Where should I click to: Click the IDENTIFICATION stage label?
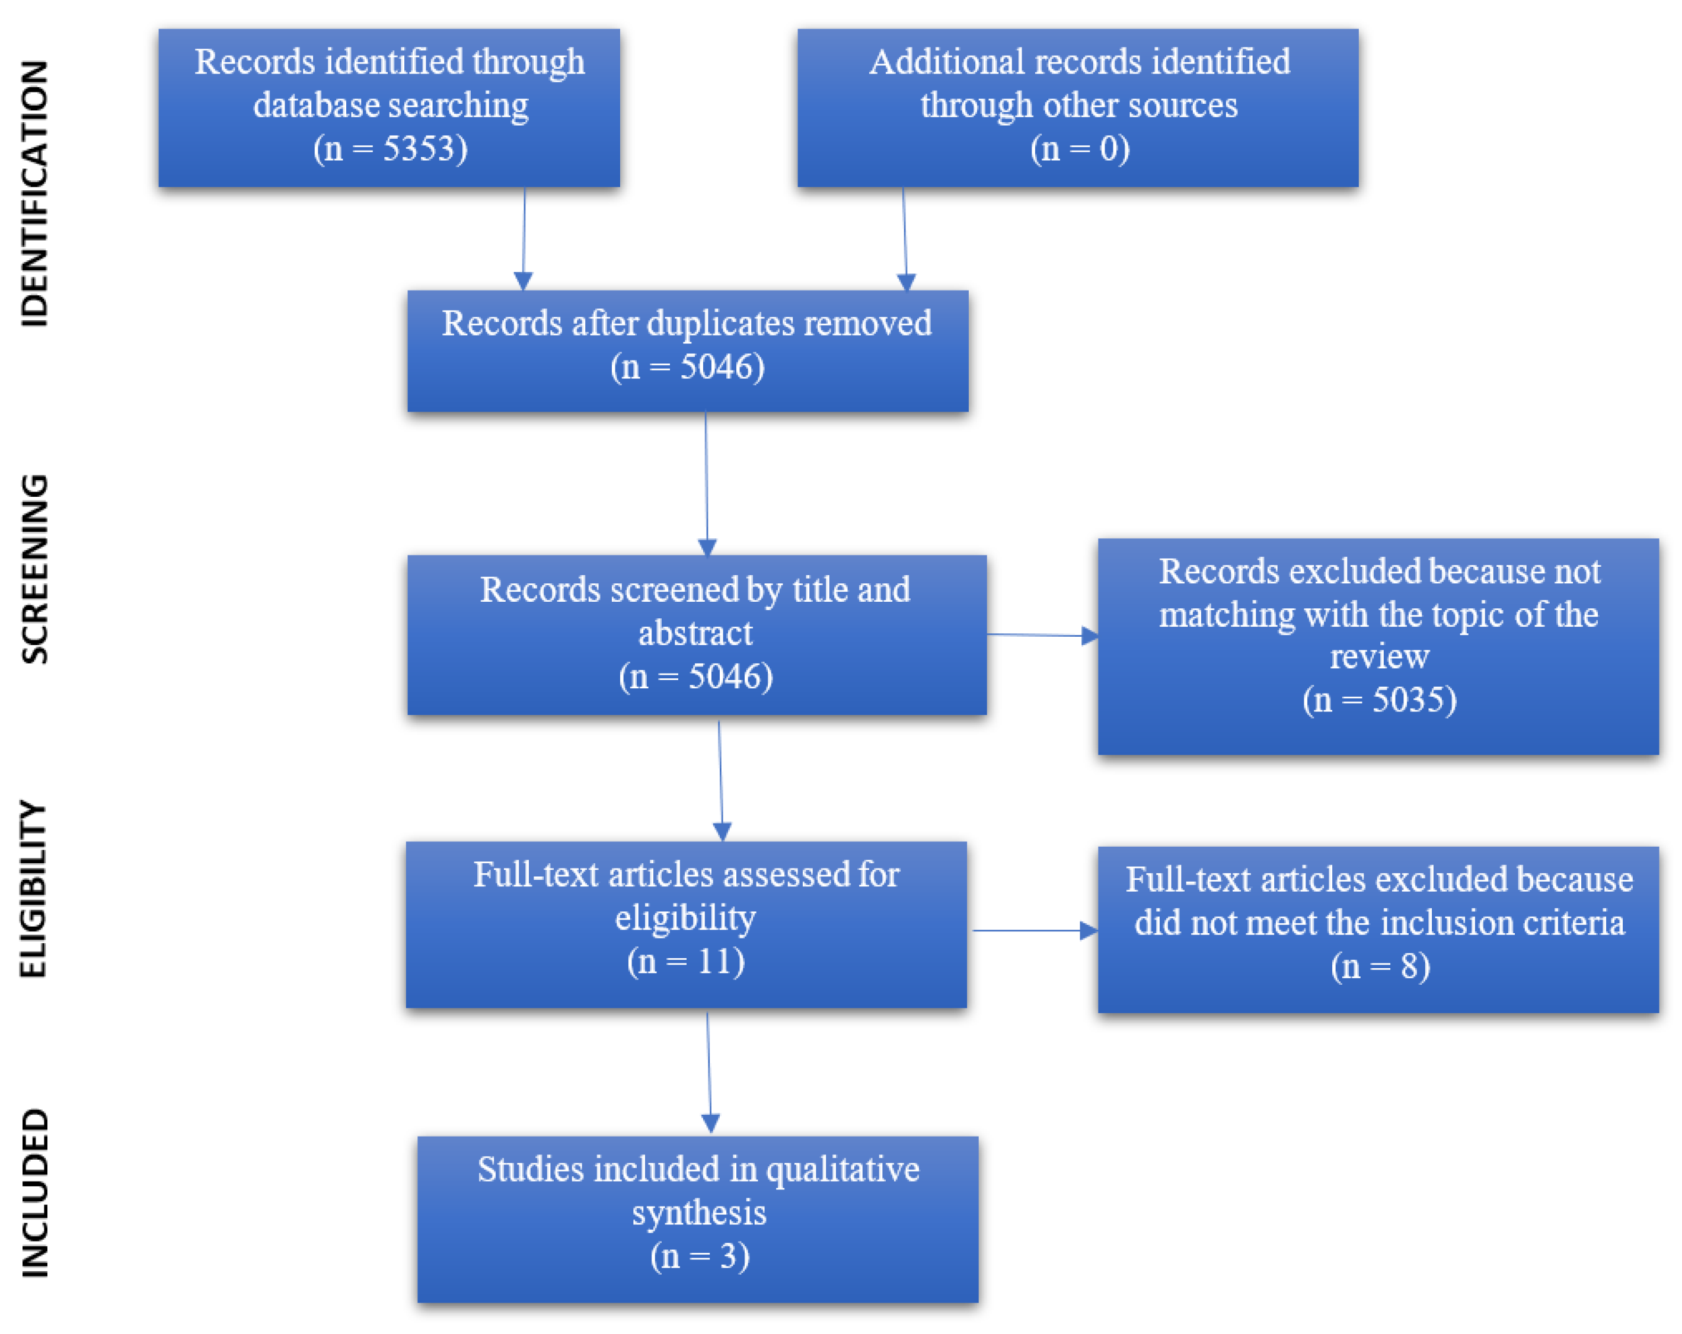34,193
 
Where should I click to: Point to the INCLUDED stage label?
34,1193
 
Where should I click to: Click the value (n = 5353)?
390,148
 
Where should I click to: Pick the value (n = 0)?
1080,148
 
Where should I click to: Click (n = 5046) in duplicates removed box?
687,366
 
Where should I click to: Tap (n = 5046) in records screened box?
696,676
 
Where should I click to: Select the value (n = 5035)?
1379,700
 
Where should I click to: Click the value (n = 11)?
686,961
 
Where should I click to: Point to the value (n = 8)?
1379,966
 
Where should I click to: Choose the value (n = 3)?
700,1256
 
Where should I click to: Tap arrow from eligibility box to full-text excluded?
1034,930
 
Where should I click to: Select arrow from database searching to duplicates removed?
524,238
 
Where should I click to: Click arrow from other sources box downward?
905,238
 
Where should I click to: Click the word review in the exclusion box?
1379,657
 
